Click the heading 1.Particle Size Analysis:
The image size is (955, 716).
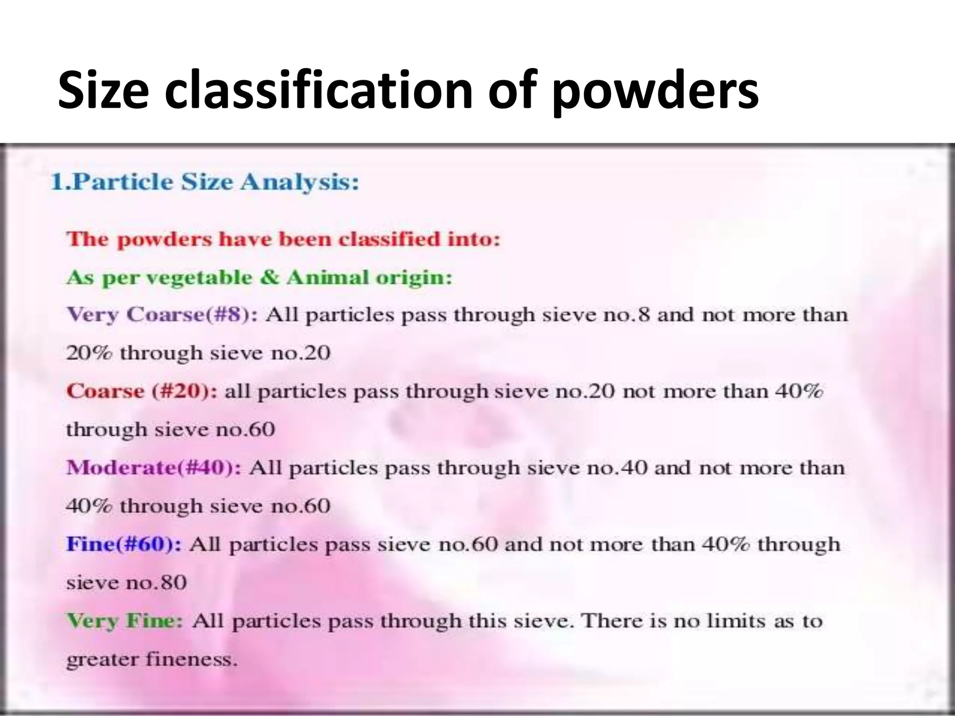tap(205, 182)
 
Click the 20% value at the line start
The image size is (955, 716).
tap(89, 353)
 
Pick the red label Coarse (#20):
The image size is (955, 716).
tap(141, 391)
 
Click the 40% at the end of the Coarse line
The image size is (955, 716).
tap(799, 391)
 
